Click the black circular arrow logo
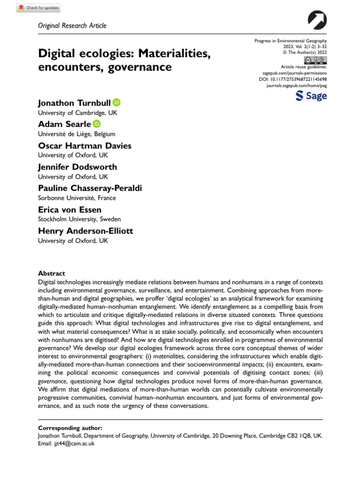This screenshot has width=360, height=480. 318,20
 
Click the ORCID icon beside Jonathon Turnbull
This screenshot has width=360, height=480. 116,103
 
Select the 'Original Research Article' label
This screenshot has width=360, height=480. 72,26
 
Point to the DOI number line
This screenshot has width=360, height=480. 293,79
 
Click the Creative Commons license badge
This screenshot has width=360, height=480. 315,60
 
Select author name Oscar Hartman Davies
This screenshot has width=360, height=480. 84,146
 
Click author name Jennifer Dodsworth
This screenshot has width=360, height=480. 77,167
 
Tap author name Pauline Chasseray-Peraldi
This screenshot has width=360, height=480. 90,188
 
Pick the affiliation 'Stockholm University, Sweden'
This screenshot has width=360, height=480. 79,219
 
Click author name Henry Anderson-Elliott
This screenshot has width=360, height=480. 85,231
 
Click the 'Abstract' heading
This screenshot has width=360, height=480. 51,273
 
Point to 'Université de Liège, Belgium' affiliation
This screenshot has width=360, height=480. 76,134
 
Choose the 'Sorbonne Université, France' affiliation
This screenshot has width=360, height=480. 76,198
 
